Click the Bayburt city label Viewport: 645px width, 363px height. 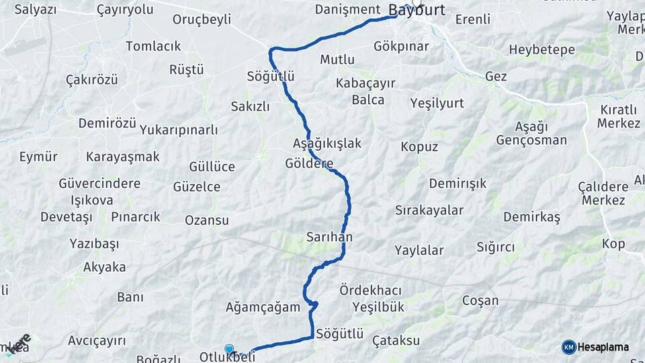click(417, 11)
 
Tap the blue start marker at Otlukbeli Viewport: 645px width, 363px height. click(230, 349)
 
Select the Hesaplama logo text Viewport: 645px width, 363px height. click(603, 348)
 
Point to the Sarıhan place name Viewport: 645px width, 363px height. click(329, 237)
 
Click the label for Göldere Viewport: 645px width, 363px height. click(309, 163)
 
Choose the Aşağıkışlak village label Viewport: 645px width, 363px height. click(327, 143)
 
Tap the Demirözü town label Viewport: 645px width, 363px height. click(107, 123)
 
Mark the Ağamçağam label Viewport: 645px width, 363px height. click(263, 307)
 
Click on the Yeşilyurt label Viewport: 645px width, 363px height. click(437, 103)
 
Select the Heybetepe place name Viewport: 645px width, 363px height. click(542, 50)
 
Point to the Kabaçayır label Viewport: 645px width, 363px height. click(366, 83)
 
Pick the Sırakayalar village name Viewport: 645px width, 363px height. click(429, 210)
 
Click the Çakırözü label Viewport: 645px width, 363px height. click(92, 79)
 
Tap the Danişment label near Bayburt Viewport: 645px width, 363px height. click(348, 9)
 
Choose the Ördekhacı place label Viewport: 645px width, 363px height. click(371, 290)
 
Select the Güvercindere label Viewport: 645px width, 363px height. click(99, 184)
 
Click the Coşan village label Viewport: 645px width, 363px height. click(480, 300)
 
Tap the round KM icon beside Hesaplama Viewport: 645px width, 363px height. click(569, 348)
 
